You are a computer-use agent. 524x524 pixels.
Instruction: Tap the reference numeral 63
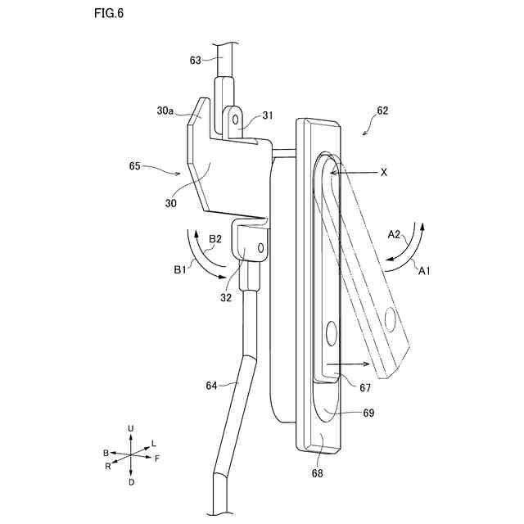(x=195, y=60)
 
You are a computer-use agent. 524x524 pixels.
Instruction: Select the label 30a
(x=165, y=110)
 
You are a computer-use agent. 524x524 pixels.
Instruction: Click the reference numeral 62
(x=382, y=109)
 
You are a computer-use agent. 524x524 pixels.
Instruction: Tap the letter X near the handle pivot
(x=383, y=174)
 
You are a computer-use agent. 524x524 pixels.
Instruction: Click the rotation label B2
(x=215, y=239)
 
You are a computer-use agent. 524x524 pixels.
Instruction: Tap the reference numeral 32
(x=226, y=299)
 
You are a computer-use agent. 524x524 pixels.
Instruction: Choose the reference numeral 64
(x=212, y=384)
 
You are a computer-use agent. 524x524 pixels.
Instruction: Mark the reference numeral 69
(x=368, y=413)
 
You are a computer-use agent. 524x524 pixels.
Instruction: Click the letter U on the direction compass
(x=131, y=429)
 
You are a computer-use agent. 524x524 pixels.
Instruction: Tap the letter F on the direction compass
(x=156, y=458)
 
